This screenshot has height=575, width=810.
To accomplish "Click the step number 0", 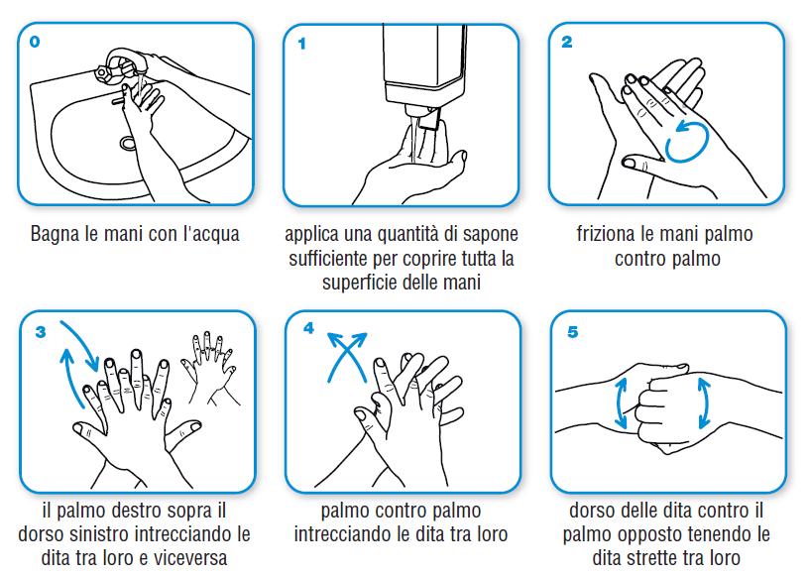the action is coord(35,42).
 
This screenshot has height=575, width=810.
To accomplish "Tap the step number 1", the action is coord(301,44).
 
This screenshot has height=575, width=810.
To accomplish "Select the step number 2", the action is coord(567,42).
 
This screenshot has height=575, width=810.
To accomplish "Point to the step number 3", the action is coord(41,332).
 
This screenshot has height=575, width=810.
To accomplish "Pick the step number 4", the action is coord(308,328).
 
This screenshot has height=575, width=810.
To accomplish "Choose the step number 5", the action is coord(572,332).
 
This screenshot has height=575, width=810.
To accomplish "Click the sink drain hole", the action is coord(128,143).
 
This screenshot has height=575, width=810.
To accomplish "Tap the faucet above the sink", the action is coord(120,65).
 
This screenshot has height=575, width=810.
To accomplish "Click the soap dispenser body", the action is coord(424,66).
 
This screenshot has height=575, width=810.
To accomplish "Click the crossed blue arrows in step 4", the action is coord(347,357).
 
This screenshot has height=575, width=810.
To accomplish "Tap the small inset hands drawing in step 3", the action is coord(210,367).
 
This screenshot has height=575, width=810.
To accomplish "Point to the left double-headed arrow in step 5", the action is coord(621,402).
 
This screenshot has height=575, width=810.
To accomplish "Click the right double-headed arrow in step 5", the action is coord(704,402).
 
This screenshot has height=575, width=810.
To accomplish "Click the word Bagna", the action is coord(56,235).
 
